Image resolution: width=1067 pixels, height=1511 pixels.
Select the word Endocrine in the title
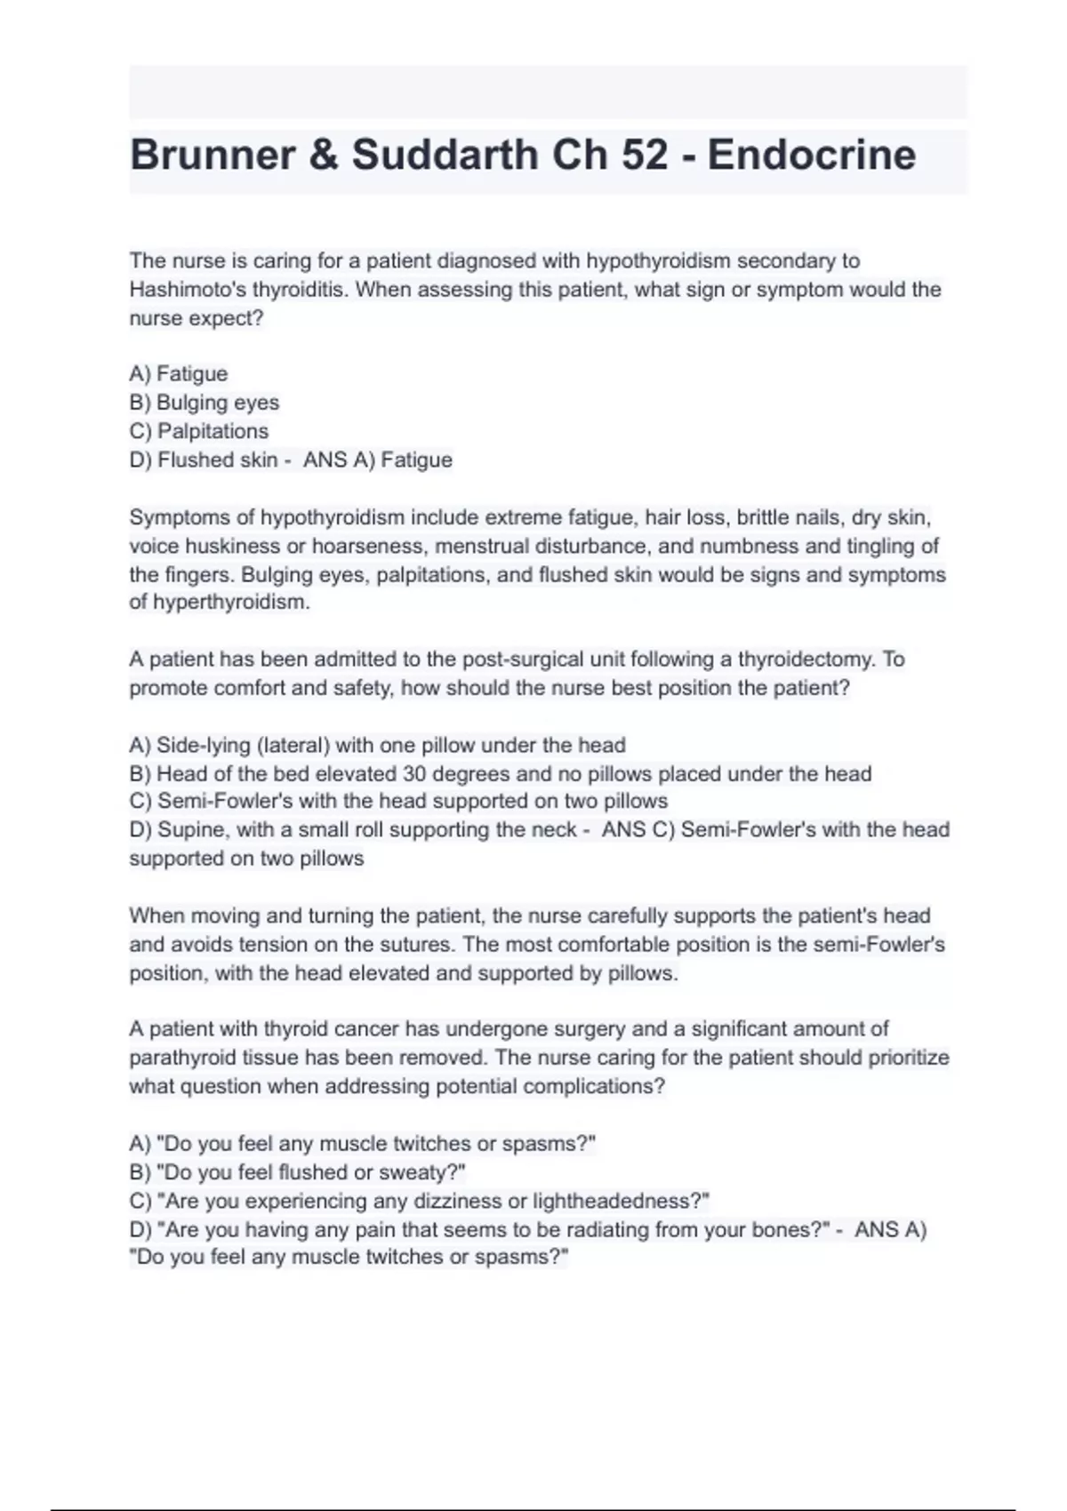point(811,156)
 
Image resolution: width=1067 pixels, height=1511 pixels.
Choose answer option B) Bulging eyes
point(205,403)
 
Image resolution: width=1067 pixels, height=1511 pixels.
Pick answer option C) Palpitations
point(199,431)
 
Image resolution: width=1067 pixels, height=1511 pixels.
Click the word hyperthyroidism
point(231,603)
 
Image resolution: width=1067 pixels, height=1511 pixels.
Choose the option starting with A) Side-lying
point(377,745)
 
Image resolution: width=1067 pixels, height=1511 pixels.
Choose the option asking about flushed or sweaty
point(297,1172)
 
